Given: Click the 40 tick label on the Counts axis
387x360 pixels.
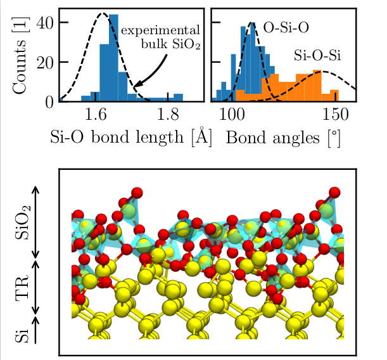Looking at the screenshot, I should click(46, 22).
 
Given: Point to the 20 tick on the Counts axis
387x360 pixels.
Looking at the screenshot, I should click(46, 61).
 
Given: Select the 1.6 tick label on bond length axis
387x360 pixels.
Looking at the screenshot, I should click(95, 115).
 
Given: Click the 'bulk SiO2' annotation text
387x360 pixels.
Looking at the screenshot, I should click(170, 44).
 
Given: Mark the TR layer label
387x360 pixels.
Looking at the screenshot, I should click(22, 286).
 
